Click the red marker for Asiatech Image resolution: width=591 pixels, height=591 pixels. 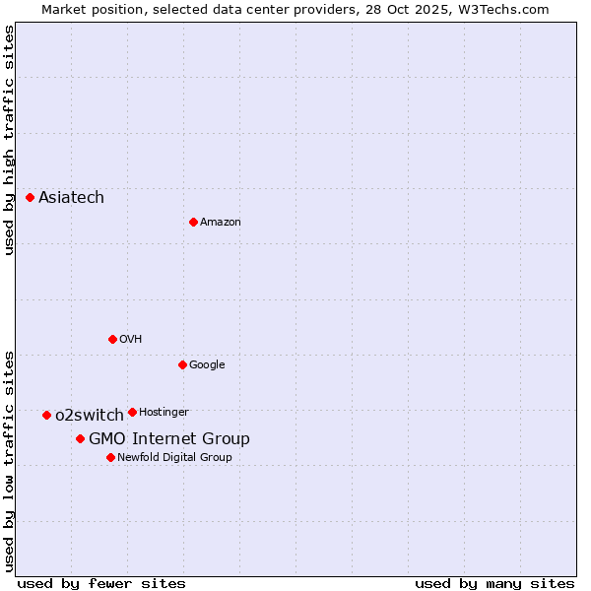[x=31, y=198]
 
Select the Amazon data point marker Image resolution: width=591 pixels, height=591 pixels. [x=193, y=222]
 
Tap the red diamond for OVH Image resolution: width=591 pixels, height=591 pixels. [x=112, y=339]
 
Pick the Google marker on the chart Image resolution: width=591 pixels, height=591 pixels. [x=182, y=364]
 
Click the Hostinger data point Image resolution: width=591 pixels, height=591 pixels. [x=132, y=412]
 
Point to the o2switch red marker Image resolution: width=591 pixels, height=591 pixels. [x=46, y=415]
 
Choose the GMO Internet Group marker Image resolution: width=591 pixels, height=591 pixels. [x=80, y=438]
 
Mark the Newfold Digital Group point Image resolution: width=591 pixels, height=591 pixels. [x=110, y=457]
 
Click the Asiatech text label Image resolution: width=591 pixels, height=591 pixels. [x=71, y=198]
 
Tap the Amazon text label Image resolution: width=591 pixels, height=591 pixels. [x=221, y=222]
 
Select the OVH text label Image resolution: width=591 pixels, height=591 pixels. [x=131, y=339]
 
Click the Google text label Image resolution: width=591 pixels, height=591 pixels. [x=207, y=364]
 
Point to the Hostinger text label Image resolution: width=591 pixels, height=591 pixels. [x=164, y=412]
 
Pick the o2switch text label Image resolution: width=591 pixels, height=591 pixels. [x=90, y=415]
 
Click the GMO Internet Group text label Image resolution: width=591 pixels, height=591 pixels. [x=169, y=438]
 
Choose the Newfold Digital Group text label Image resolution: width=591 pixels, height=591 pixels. [x=174, y=457]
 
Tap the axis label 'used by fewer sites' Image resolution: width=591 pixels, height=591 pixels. [x=101, y=583]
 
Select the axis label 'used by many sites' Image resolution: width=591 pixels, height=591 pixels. [x=494, y=583]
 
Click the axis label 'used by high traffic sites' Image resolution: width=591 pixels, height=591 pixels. [x=10, y=140]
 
